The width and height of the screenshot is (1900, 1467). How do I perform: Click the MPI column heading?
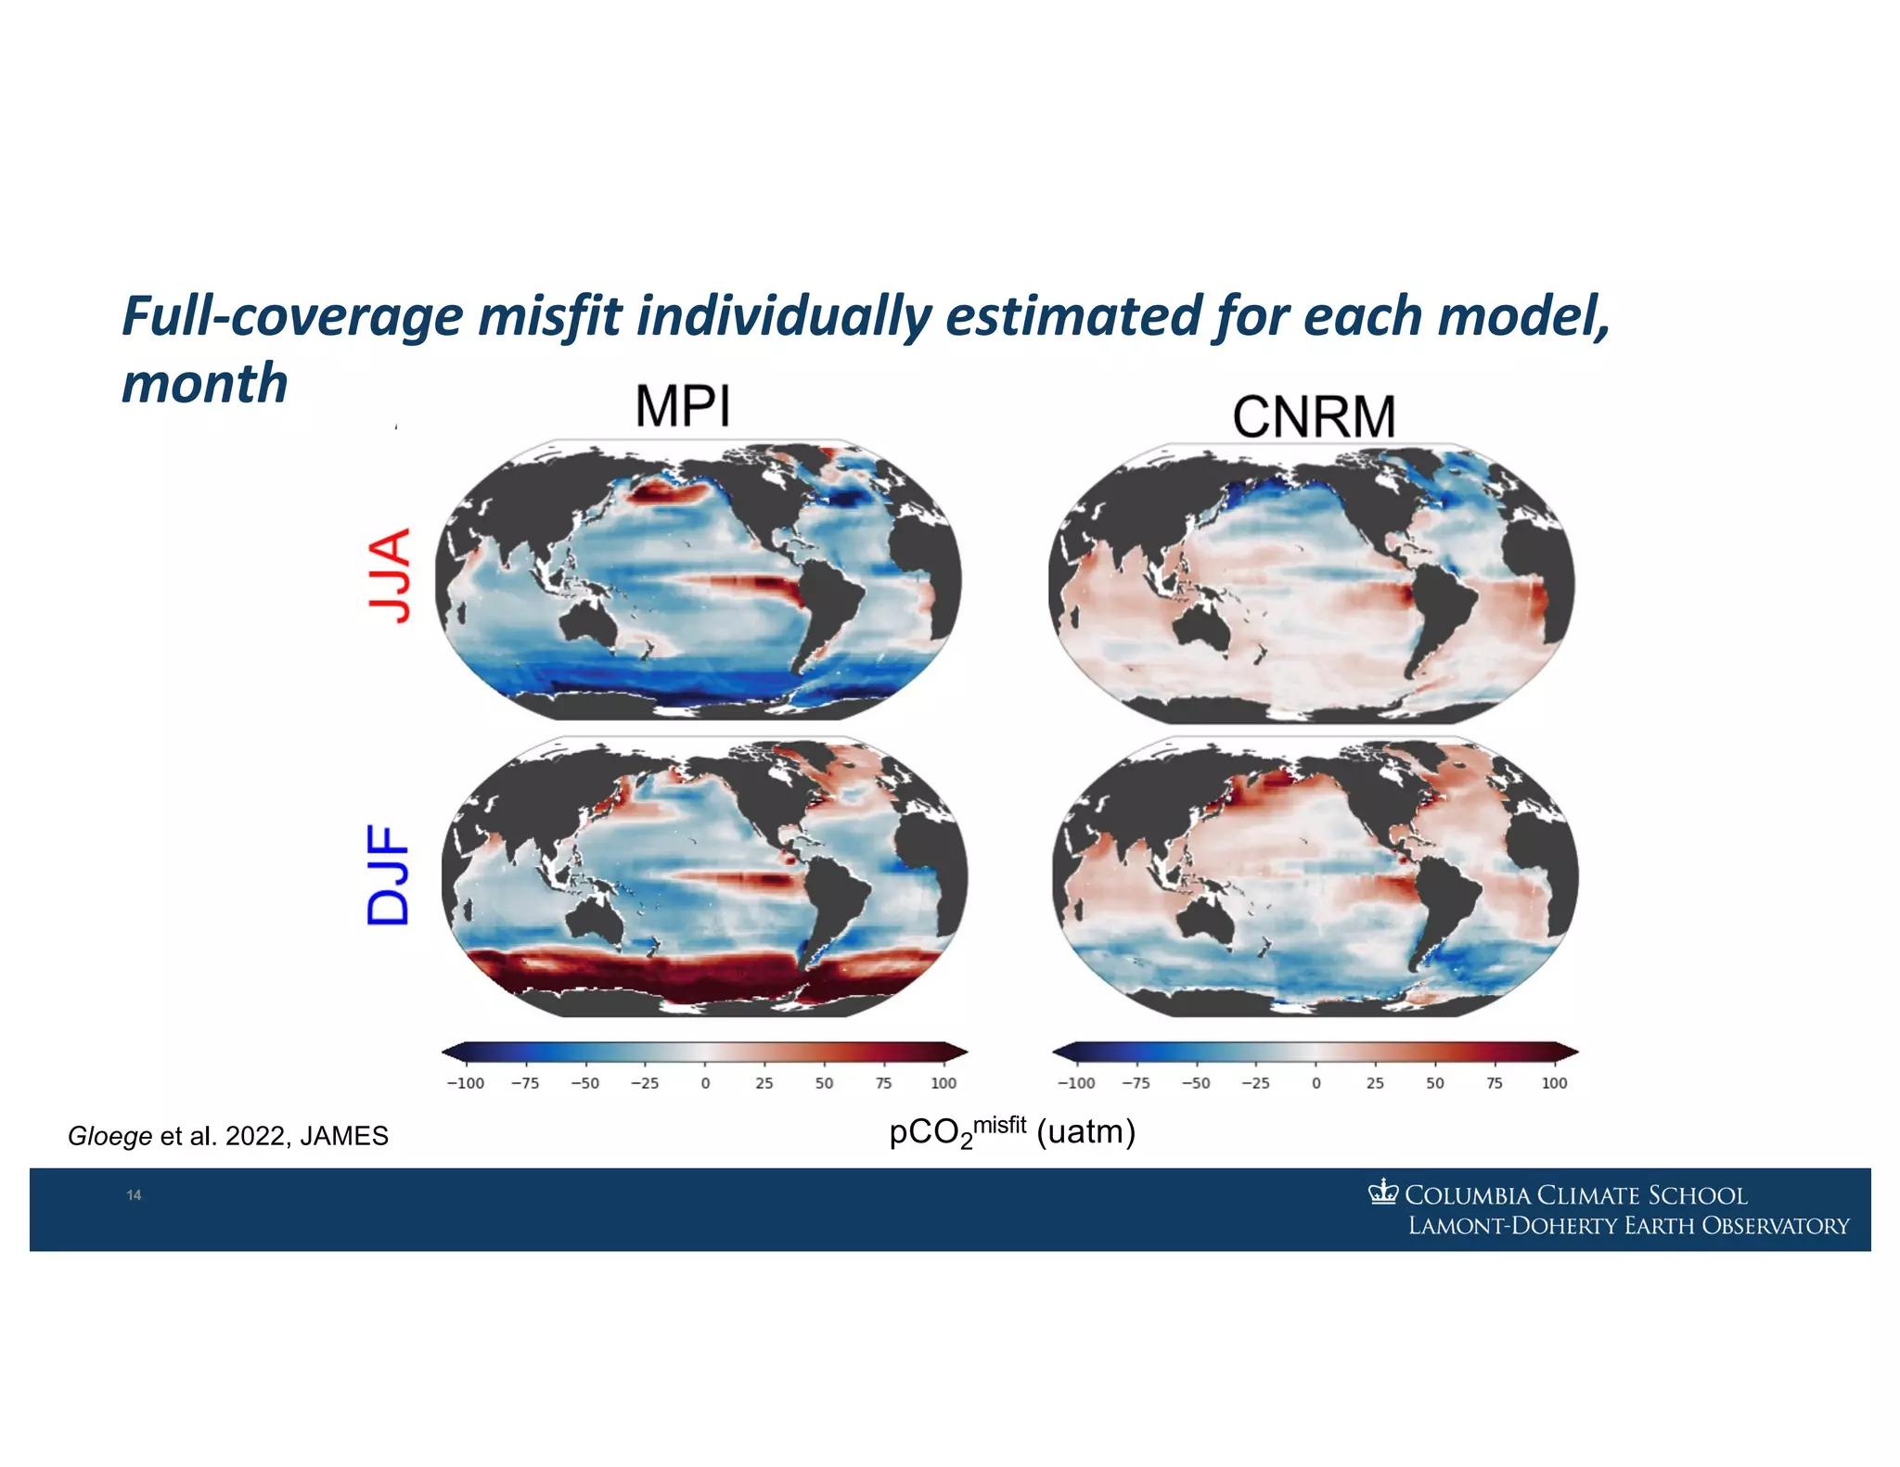683,406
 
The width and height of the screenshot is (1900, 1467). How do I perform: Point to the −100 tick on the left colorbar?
465,1083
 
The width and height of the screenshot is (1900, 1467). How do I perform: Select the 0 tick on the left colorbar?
705,1083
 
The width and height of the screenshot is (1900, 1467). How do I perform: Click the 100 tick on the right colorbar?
1554,1083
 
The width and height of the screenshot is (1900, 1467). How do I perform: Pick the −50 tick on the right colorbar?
1195,1083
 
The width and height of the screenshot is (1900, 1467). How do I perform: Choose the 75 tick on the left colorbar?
883,1083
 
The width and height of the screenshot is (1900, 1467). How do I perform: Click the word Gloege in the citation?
109,1136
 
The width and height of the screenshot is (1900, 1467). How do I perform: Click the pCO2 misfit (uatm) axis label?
1012,1132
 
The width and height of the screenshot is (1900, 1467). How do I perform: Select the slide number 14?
134,1195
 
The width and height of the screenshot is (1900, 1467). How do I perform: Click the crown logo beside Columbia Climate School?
1382,1192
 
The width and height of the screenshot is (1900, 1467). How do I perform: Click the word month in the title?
205,383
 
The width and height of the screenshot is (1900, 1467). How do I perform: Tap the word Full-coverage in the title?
293,316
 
